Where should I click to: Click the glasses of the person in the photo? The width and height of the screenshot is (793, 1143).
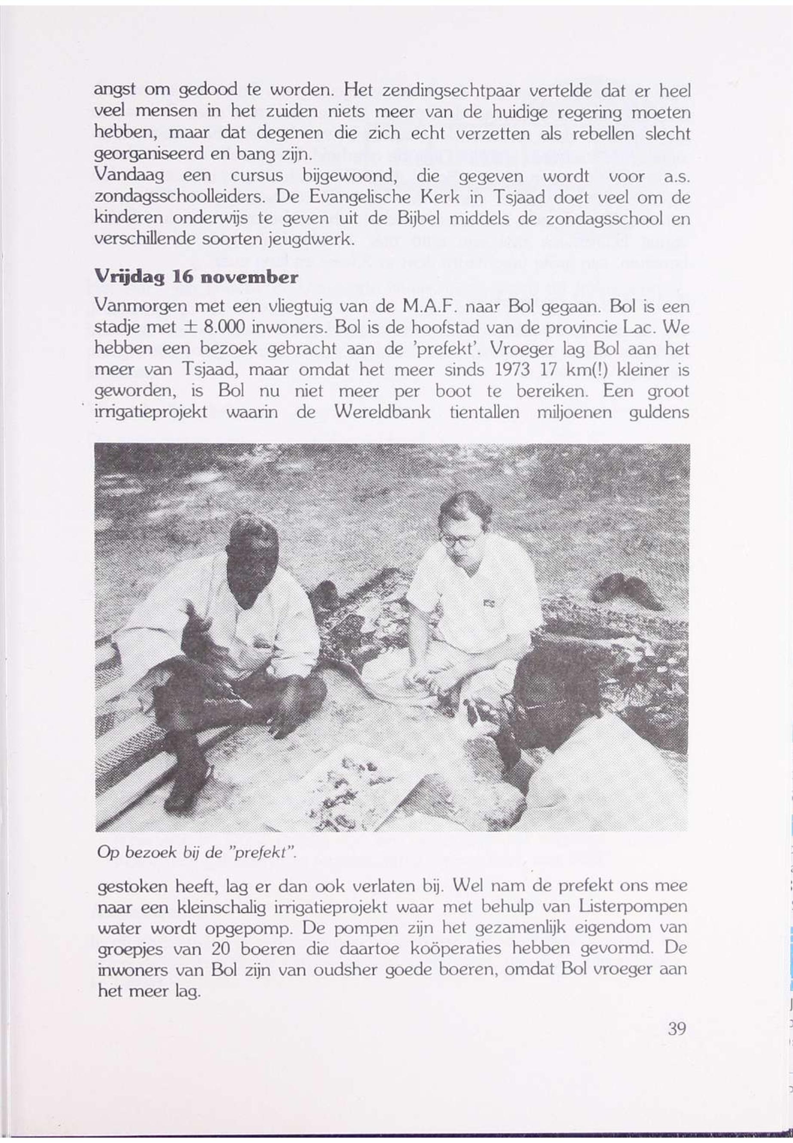tap(458, 539)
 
